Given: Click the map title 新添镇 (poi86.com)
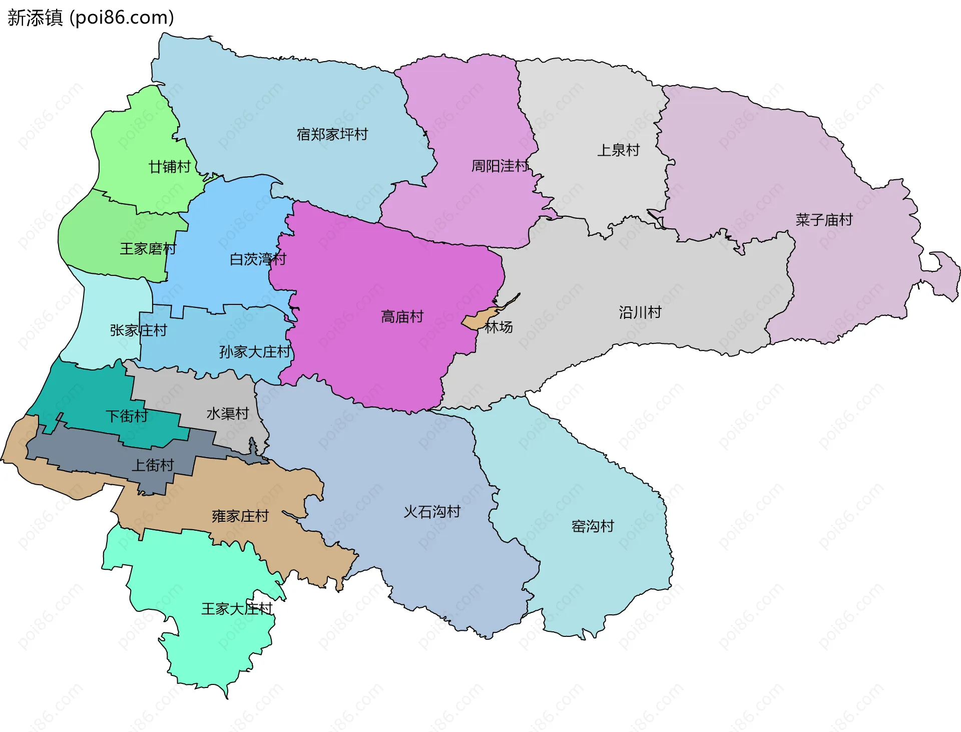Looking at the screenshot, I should click(91, 18).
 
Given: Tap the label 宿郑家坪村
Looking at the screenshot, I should click(332, 134).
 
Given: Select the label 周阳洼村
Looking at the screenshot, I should click(500, 166).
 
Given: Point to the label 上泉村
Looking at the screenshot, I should click(618, 150).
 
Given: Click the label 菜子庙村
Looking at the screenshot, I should click(824, 219).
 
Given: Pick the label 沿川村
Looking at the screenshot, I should click(640, 312).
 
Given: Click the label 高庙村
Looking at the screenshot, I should click(402, 316).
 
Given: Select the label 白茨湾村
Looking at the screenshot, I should click(258, 259).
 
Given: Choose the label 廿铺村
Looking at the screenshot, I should click(169, 166).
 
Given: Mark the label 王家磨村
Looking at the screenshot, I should click(148, 248).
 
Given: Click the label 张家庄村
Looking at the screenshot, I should click(138, 330).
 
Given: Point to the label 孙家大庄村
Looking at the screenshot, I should click(255, 351).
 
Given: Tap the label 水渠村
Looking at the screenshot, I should click(228, 413).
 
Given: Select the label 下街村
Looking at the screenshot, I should click(127, 416).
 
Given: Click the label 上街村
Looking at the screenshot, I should click(152, 465).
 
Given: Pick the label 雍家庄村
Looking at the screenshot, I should click(240, 516).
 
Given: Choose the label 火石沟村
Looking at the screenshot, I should click(432, 511).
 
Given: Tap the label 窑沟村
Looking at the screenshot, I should click(593, 526).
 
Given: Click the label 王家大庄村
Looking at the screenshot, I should click(237, 608).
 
